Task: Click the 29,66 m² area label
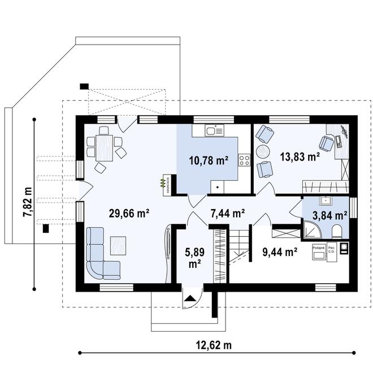[129, 213]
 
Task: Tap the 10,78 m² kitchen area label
[209, 161]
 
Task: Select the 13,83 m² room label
[300, 156]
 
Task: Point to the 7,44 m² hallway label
[227, 213]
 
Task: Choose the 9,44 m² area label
[280, 252]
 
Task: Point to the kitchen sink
[214, 132]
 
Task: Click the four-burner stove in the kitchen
[244, 161]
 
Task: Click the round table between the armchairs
[262, 151]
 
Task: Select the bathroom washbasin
[326, 200]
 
